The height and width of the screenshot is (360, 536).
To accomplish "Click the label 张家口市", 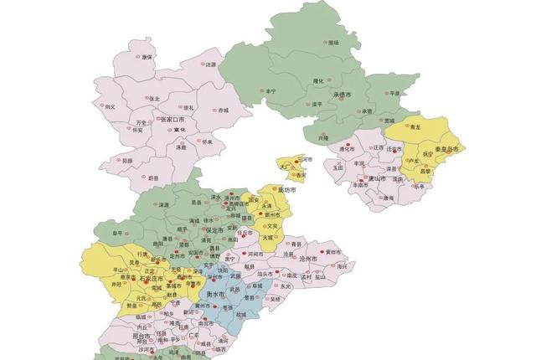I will click(x=172, y=119).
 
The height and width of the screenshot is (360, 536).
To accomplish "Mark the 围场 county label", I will click(x=334, y=42).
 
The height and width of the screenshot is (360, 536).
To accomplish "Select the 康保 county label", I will click(x=147, y=58).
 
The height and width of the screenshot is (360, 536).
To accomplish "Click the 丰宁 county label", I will click(x=271, y=90).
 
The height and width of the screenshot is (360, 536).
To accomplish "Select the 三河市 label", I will click(x=306, y=159).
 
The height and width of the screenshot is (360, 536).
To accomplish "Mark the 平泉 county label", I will click(x=395, y=93).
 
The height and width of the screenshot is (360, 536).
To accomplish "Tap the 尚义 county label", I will click(x=110, y=106).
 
